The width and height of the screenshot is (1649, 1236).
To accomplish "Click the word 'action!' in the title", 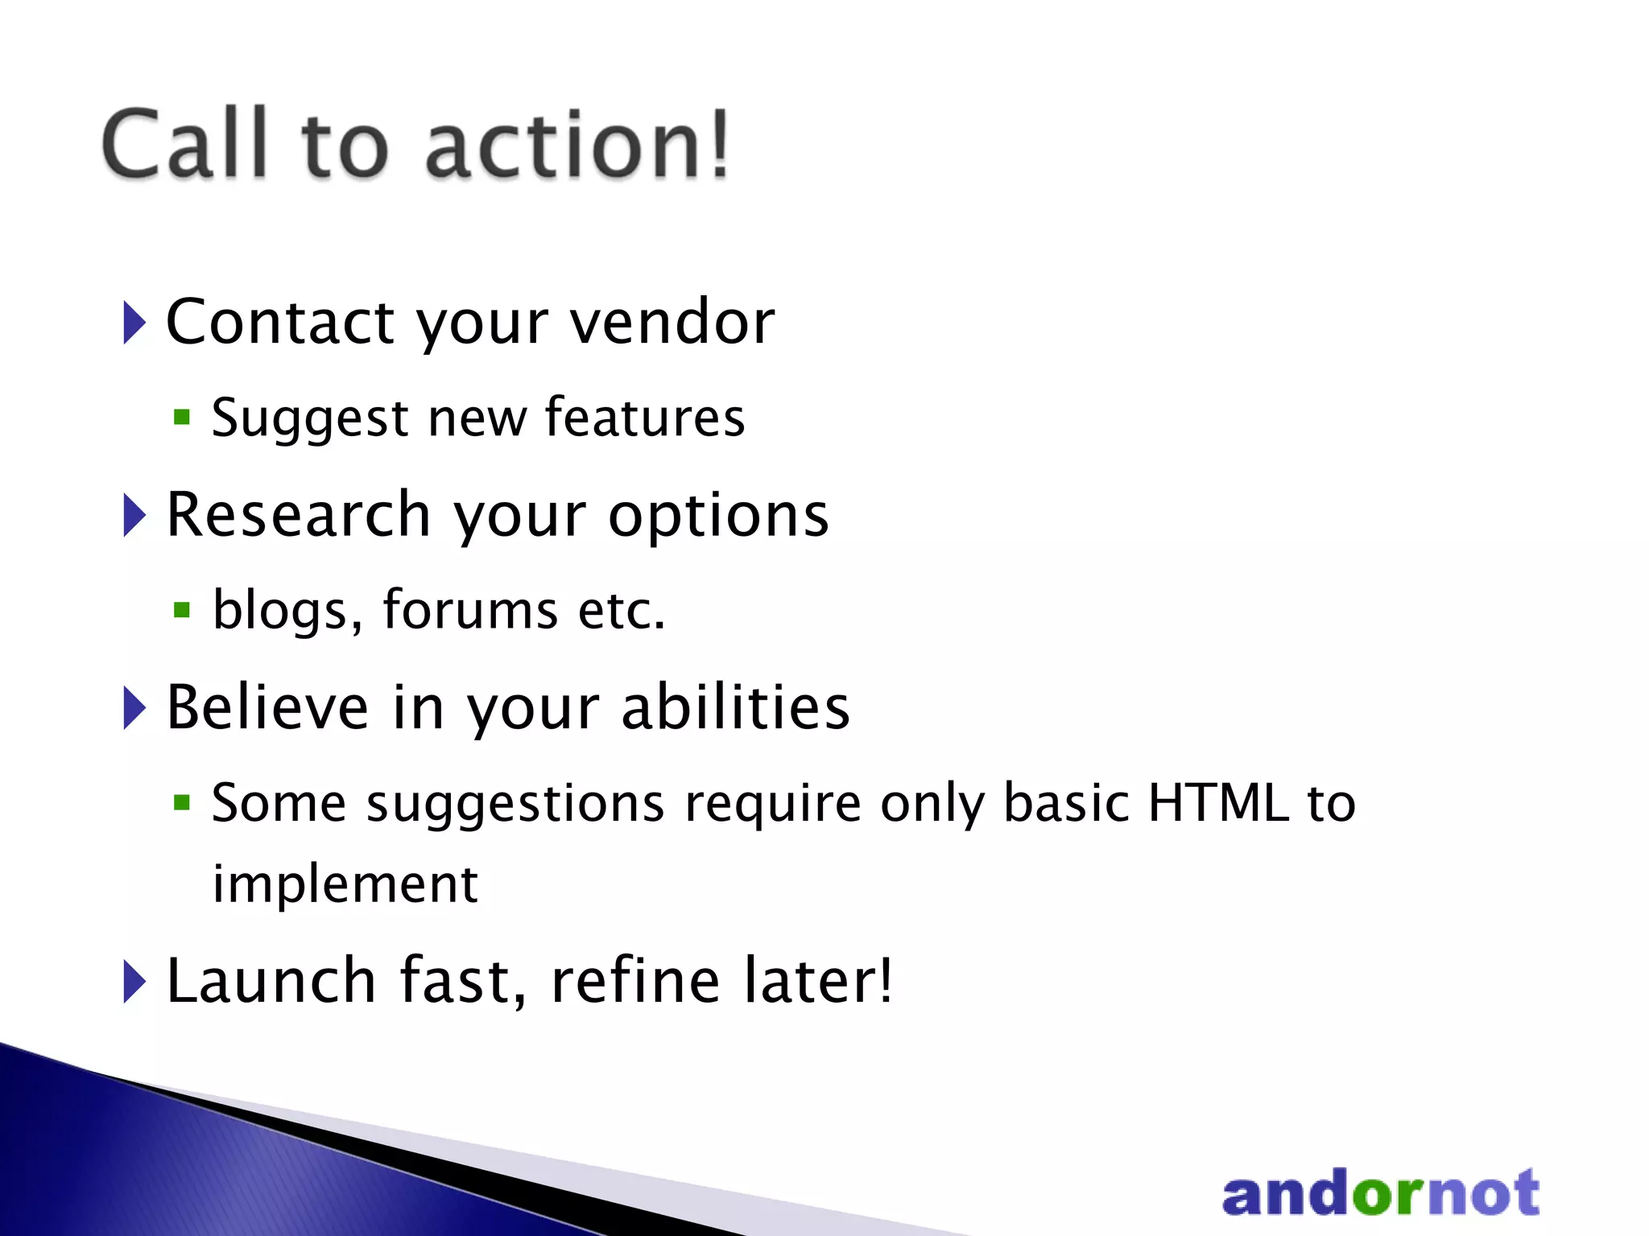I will coord(577,145).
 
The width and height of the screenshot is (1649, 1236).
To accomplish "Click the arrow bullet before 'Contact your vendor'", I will coord(134,322).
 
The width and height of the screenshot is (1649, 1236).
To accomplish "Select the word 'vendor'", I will coord(672,322).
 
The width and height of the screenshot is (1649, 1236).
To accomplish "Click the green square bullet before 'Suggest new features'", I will coord(182,417).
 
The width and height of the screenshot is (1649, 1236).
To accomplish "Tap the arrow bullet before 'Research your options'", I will coord(134,515).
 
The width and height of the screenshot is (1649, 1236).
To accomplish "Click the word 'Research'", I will coord(298,515).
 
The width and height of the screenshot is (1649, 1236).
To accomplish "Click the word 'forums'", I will coord(470,610).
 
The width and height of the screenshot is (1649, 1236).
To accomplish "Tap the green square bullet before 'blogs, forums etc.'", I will coord(182,610).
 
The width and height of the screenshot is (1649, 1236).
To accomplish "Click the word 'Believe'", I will coord(267,707).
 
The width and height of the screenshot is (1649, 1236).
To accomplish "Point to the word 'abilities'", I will coord(735,707).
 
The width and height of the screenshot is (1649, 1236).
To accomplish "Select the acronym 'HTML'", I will coord(1217,803).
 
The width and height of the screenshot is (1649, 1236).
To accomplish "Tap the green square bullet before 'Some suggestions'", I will coord(182,802).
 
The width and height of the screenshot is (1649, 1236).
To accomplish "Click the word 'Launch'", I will coord(271,981).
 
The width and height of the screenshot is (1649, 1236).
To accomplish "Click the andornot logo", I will coord(1380,1193).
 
